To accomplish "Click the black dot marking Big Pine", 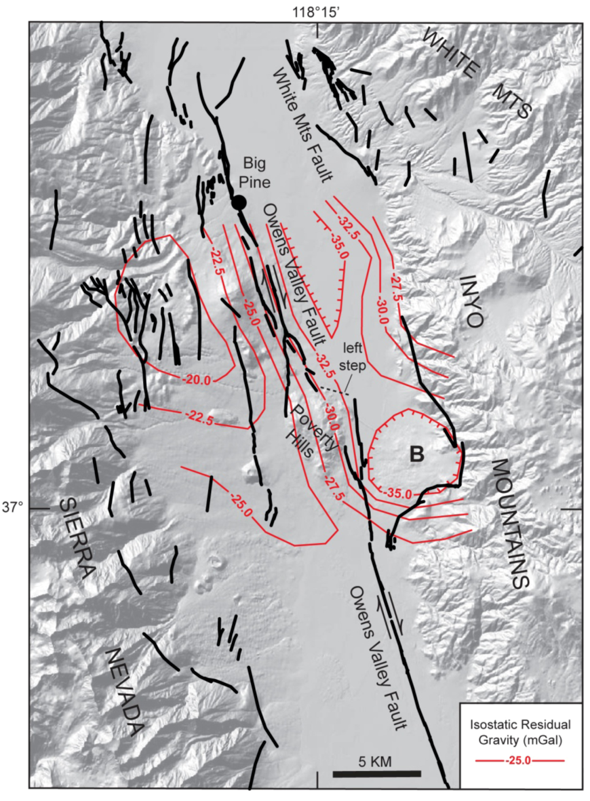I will click(x=239, y=202).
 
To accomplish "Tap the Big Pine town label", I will click(x=254, y=172).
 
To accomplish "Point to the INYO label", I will click(x=472, y=301).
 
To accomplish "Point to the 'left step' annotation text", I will click(x=352, y=357).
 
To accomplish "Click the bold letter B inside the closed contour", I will click(x=417, y=454).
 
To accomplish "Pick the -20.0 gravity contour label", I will click(x=197, y=380).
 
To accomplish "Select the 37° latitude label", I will click(x=13, y=508).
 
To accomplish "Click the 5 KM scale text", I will click(x=375, y=761).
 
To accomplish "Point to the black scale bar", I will click(x=377, y=774).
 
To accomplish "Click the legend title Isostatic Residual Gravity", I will click(x=520, y=731).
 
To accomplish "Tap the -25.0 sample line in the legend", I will click(x=520, y=760).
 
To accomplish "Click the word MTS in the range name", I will click(x=515, y=104).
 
